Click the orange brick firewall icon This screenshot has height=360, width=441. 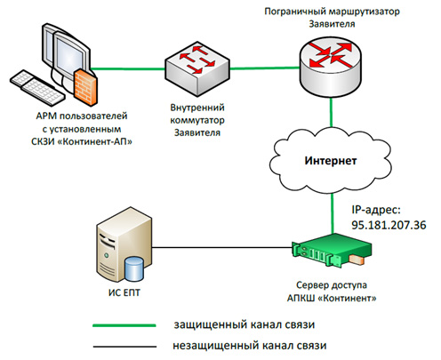click(x=85, y=87)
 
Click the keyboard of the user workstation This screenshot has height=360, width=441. click(x=37, y=86)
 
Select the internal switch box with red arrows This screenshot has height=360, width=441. click(x=197, y=69)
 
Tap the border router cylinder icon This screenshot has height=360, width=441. click(x=331, y=68)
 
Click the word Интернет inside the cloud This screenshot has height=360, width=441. click(x=331, y=161)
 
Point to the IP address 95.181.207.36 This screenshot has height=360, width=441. click(x=389, y=225)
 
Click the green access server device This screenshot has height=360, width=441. click(x=332, y=250)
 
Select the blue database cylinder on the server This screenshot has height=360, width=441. click(x=134, y=268)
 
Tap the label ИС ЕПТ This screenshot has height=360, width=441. click(x=124, y=292)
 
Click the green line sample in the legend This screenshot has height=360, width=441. click(x=124, y=325)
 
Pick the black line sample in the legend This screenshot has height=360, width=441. click(x=124, y=346)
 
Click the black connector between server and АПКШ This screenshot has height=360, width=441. click(x=222, y=247)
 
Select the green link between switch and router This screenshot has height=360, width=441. click(x=265, y=68)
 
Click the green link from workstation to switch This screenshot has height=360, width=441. click(x=128, y=69)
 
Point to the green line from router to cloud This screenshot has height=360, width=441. click(x=331, y=113)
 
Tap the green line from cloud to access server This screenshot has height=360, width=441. click(x=333, y=213)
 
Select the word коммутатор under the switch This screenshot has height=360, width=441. click(x=197, y=120)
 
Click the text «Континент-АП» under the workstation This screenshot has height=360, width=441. click(x=94, y=141)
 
